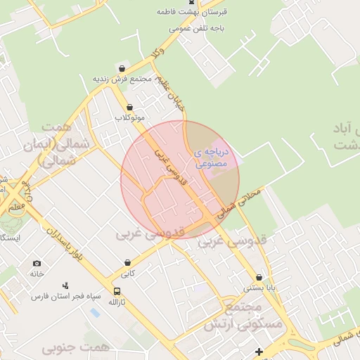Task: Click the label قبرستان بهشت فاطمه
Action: click(x=184, y=13)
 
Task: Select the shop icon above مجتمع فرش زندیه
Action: click(x=122, y=68)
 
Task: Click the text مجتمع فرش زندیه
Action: click(x=123, y=79)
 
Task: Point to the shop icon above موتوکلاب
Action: click(x=130, y=107)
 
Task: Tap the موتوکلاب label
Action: click(x=130, y=117)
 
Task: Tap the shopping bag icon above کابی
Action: click(x=127, y=262)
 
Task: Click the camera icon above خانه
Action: click(x=37, y=264)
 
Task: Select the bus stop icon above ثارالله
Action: click(x=117, y=291)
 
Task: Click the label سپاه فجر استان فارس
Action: click(x=65, y=296)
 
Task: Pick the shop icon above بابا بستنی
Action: click(x=260, y=277)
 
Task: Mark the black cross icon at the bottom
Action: click(x=259, y=351)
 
